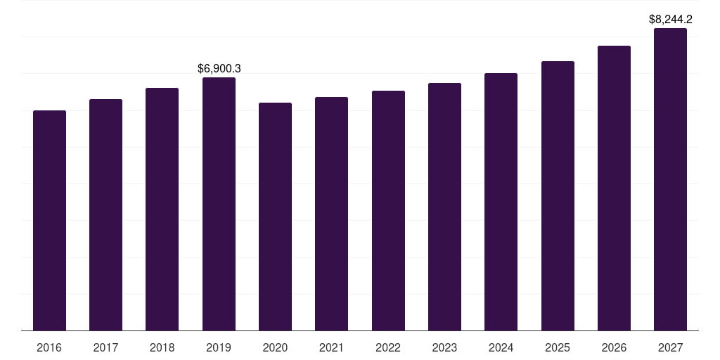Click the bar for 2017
(x=105, y=214)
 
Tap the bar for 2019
(x=219, y=204)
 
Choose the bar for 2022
(x=388, y=210)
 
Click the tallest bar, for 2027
(x=670, y=179)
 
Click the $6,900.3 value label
(x=219, y=68)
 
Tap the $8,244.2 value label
(x=670, y=20)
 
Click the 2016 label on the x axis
(x=49, y=347)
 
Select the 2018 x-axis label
(x=162, y=347)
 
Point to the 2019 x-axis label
(x=219, y=347)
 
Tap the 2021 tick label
(x=331, y=347)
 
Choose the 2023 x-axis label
(x=444, y=347)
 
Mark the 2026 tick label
(x=614, y=347)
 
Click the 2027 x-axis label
(x=670, y=347)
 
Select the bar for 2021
(x=331, y=214)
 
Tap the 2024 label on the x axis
(x=501, y=347)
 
